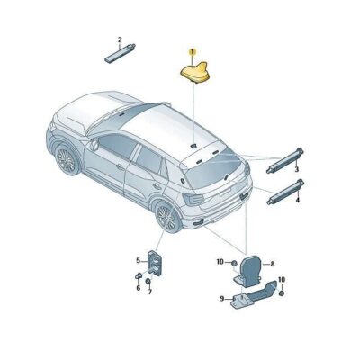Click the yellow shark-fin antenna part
coord(193,72)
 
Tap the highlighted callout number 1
coord(192,52)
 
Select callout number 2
coord(120,40)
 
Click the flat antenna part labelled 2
coord(120,53)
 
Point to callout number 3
coord(296,169)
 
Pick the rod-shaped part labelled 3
coord(285,161)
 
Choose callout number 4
coord(297,200)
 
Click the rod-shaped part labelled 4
coord(285,192)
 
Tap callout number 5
coord(138,261)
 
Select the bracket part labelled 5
coord(156,262)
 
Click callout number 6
coord(139,288)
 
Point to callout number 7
coord(150,291)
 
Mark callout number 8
coord(273,264)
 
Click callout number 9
coord(222,299)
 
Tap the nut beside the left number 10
coord(234,263)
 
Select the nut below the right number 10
coord(281,293)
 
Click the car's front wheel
coord(67,160)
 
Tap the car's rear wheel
coord(167,218)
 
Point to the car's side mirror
coord(94,145)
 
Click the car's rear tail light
coord(193,199)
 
